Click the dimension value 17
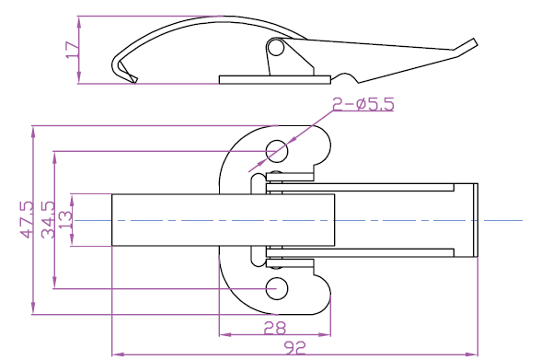click(73, 50)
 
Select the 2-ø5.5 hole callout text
click(363, 104)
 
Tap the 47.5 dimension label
click(28, 220)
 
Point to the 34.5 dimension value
click(48, 220)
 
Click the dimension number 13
click(65, 220)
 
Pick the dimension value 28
click(275, 328)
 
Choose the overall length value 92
click(294, 348)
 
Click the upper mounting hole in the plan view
click(277, 151)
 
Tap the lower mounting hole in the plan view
click(277, 288)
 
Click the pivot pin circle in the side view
click(276, 48)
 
